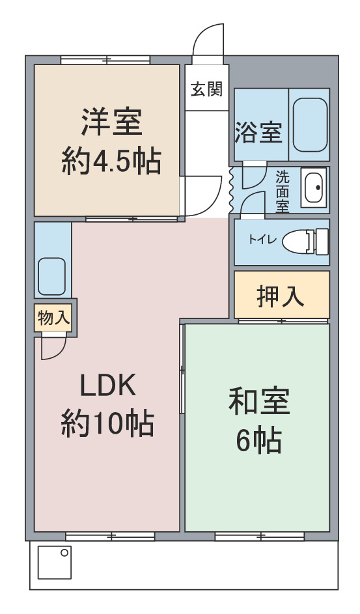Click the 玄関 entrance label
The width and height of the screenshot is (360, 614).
[206, 89]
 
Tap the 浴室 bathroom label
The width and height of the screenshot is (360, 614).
[258, 132]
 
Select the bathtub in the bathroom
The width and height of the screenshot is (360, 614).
[311, 124]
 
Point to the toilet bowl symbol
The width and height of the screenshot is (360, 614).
[305, 240]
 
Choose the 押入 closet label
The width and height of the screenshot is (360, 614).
[281, 296]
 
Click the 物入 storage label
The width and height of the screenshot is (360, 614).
[54, 318]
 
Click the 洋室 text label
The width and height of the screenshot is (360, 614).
[111, 122]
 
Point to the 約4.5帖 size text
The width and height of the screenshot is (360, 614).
[111, 161]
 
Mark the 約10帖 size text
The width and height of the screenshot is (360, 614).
[107, 423]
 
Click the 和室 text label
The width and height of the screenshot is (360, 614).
[259, 401]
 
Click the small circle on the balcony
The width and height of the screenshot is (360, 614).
[64, 553]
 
